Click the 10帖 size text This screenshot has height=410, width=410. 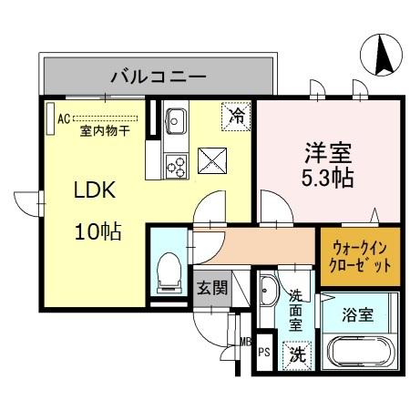[x=97, y=231]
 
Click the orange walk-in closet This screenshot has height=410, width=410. [x=359, y=256]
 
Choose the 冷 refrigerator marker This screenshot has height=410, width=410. [x=236, y=116]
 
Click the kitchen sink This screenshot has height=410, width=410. [x=176, y=121]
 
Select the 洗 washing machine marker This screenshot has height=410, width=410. [x=296, y=354]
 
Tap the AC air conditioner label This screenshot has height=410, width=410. [x=63, y=118]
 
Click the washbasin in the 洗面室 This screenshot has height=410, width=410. [x=268, y=294]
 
